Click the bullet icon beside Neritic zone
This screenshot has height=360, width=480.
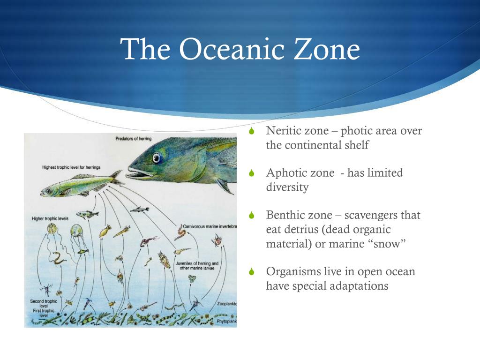[252, 131]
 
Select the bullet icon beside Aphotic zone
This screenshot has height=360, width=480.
[252, 173]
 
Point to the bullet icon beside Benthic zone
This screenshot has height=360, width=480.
[252, 216]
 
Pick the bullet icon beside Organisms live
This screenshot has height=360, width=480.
[252, 272]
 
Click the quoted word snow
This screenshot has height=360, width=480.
[386, 244]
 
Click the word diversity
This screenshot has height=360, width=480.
[287, 187]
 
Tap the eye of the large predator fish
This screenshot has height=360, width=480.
[157, 158]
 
